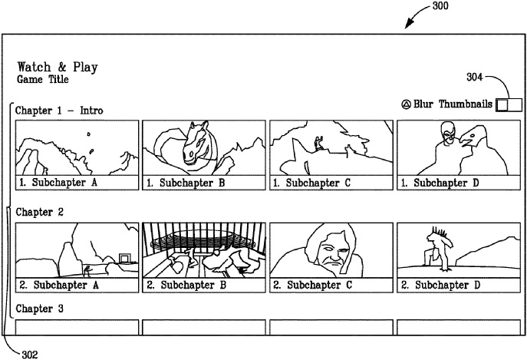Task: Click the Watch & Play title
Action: point(58,66)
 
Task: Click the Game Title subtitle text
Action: point(42,79)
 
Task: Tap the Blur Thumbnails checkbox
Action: point(509,104)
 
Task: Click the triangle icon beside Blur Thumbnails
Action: point(406,104)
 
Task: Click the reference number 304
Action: point(475,76)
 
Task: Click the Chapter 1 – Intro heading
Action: point(60,111)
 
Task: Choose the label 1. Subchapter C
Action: point(313,183)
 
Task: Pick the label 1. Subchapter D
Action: point(440,183)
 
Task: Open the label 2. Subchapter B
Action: point(186,286)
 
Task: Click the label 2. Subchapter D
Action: point(440,286)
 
